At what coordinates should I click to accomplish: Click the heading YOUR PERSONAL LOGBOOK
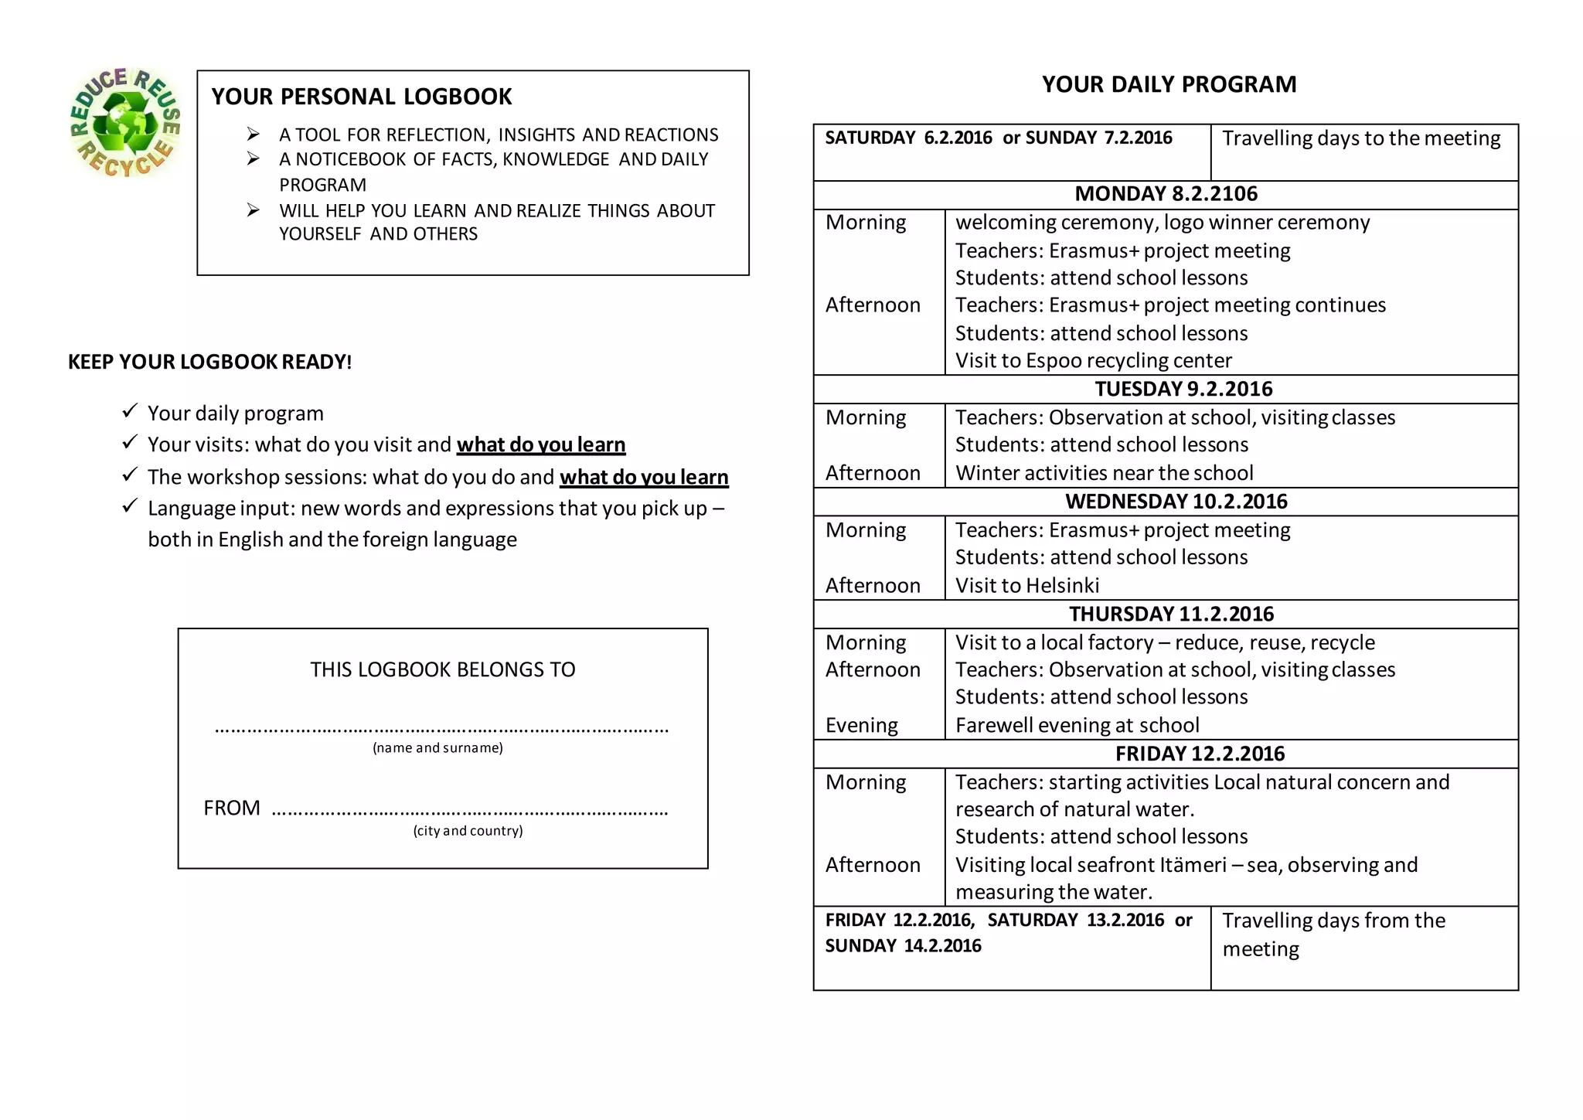click(361, 97)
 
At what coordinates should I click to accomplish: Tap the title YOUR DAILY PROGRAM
click(1169, 84)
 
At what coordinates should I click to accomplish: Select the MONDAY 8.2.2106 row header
click(1166, 194)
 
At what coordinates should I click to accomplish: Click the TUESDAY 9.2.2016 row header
click(1183, 389)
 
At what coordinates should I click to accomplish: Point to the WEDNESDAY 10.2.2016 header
click(1176, 502)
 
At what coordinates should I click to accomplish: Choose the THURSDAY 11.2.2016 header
click(1171, 614)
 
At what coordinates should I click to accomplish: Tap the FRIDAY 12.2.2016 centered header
click(1199, 754)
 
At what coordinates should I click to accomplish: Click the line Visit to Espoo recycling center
click(1093, 361)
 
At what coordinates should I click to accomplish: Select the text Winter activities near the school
click(1104, 473)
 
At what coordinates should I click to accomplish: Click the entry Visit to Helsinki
click(1026, 586)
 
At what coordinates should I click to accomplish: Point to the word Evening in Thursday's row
click(861, 725)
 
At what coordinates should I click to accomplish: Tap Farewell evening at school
click(1077, 725)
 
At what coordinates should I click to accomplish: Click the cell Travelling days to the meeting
click(1360, 138)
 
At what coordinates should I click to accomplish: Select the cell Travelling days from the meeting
click(1333, 934)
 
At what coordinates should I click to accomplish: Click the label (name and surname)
click(437, 747)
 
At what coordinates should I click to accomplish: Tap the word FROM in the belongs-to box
click(231, 808)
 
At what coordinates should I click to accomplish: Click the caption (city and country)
click(468, 831)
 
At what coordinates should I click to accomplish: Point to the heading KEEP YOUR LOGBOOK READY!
click(209, 362)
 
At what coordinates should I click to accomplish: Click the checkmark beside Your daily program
click(129, 410)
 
